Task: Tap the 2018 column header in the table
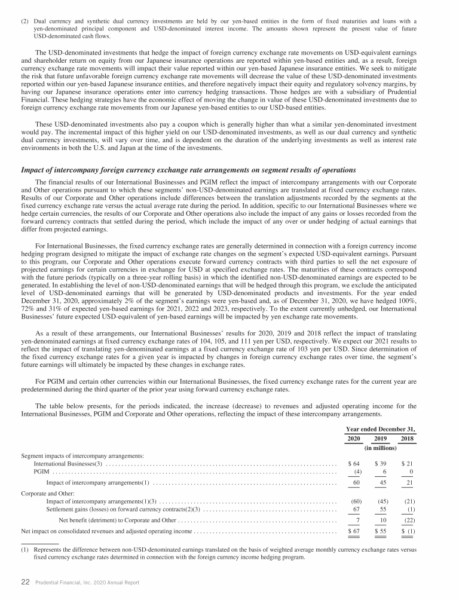point(407,439)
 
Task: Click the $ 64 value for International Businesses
point(354,464)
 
